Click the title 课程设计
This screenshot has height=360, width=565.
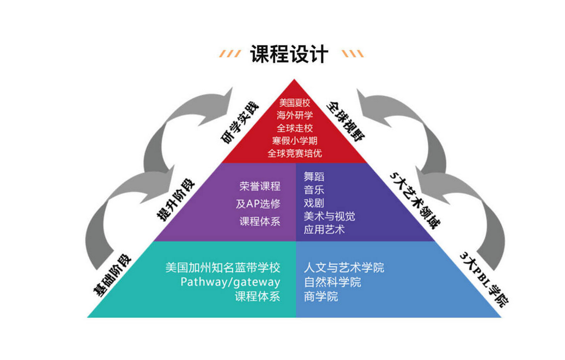tap(289, 54)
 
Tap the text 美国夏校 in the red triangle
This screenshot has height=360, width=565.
tap(294, 102)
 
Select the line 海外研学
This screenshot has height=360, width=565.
tap(294, 115)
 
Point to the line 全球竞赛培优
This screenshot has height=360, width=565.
tap(294, 153)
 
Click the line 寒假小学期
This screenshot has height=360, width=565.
tap(294, 141)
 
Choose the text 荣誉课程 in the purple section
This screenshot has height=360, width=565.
tap(260, 186)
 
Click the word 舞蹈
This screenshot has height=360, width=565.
tap(314, 176)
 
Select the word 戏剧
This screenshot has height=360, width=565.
tap(314, 203)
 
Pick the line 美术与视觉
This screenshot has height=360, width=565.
tap(329, 216)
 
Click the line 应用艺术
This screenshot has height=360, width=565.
tap(324, 229)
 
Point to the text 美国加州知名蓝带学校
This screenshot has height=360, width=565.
tap(223, 268)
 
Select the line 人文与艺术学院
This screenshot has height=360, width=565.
tap(344, 268)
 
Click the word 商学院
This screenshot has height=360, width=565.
tap(321, 297)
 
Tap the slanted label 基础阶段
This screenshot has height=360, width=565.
tap(112, 275)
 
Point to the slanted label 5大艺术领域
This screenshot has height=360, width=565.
tap(415, 200)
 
